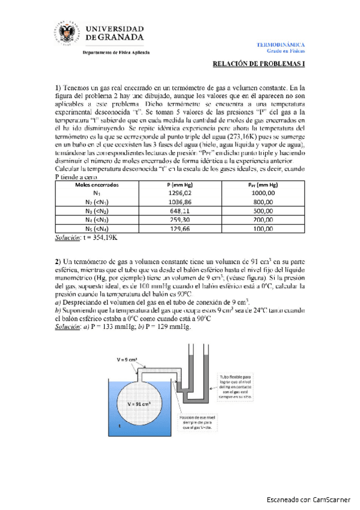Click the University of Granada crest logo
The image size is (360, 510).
(66, 34)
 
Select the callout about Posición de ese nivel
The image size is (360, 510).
(196, 425)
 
